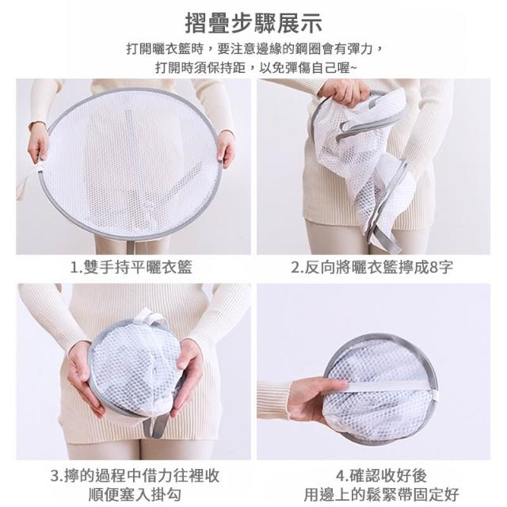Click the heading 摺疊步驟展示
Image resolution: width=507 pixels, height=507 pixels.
point(253,23)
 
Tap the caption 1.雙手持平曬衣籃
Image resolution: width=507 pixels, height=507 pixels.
point(132,267)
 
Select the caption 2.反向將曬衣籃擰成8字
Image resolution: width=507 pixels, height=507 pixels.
point(372,267)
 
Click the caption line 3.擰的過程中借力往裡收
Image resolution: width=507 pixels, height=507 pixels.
point(135,475)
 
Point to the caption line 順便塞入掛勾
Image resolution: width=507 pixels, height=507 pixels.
point(135,494)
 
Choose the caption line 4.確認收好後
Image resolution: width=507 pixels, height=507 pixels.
point(382,475)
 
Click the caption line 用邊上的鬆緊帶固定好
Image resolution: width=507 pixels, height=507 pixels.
point(382,494)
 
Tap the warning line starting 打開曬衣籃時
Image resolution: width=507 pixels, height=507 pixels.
point(255,49)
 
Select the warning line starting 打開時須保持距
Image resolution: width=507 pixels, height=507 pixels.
point(256,68)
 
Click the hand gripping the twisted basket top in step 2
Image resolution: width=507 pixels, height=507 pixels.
point(345,92)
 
